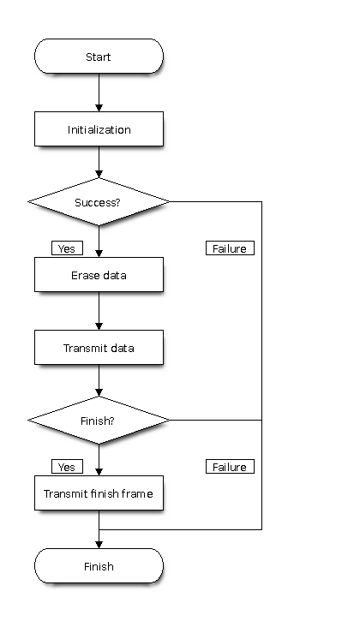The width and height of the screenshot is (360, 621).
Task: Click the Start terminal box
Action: [99, 57]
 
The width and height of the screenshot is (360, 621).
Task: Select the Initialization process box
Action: [99, 129]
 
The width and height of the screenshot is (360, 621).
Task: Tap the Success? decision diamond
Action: [99, 202]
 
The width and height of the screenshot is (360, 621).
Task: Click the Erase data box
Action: [99, 275]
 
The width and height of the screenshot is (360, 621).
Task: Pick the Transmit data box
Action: [99, 348]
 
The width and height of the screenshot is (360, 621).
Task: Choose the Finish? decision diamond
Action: [99, 421]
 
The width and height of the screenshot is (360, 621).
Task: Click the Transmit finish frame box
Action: [99, 493]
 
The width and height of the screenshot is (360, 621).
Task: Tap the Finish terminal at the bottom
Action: [99, 566]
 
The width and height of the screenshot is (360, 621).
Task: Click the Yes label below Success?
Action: [68, 248]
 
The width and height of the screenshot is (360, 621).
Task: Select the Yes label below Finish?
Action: [68, 467]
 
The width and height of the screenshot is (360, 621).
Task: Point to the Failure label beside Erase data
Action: [230, 248]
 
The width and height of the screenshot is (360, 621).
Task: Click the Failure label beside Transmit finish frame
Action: [230, 467]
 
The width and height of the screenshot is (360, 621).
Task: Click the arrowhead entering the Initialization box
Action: [99, 108]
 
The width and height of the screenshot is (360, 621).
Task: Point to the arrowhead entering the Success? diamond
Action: [99, 175]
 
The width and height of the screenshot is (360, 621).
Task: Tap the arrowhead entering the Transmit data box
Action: [99, 326]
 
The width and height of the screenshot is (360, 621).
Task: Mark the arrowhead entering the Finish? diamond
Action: [99, 393]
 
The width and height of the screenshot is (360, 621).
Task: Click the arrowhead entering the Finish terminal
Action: [99, 545]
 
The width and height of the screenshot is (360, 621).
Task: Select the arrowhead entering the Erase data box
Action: [99, 254]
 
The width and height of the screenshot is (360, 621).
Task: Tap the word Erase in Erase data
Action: [82, 275]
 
